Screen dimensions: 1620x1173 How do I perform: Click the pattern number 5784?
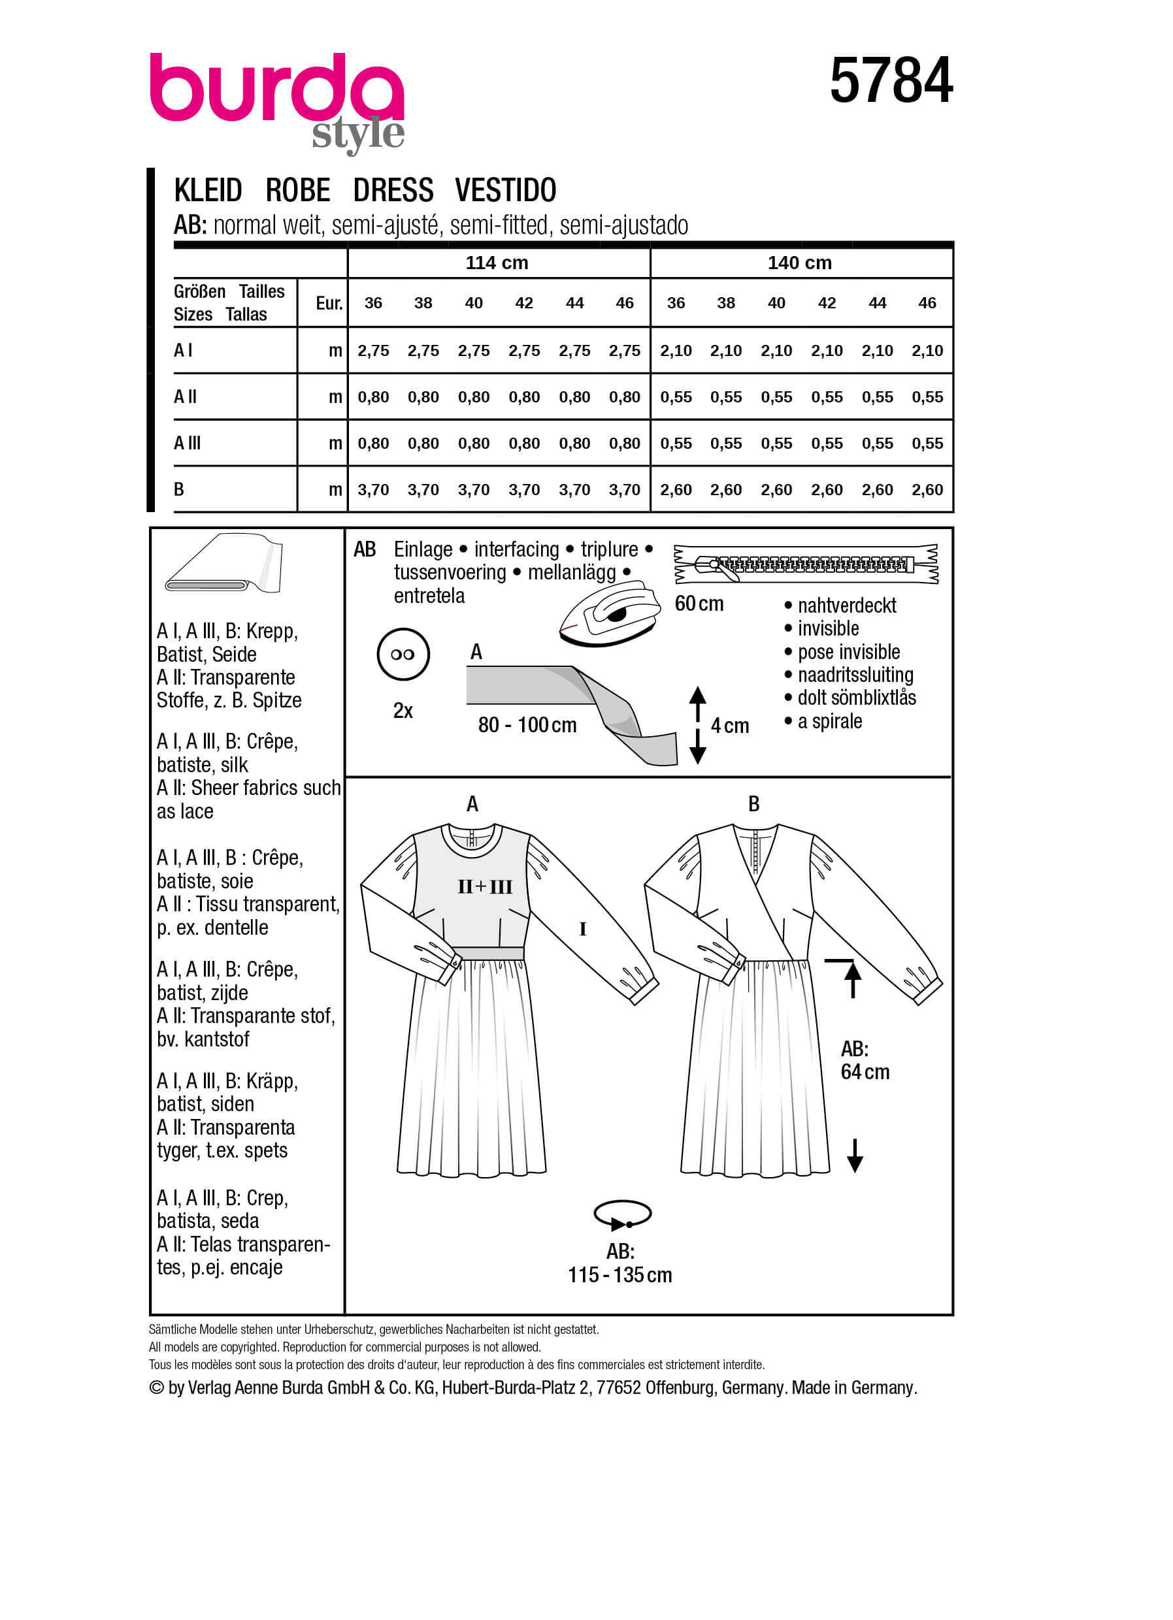[x=890, y=81]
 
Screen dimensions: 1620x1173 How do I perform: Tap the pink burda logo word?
[x=276, y=89]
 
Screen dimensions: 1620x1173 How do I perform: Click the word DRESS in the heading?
[x=393, y=191]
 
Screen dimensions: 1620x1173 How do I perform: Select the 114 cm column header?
[x=497, y=263]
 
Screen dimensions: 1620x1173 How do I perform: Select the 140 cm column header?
[x=799, y=263]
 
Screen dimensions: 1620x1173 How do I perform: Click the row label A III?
[x=187, y=443]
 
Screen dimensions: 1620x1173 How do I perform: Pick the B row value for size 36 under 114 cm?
[x=373, y=490]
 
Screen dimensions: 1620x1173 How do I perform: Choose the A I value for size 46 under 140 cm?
[x=927, y=351]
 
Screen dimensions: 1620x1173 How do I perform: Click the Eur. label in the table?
[x=329, y=304]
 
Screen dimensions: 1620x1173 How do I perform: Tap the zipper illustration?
[x=806, y=564]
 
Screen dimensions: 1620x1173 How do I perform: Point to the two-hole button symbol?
[x=403, y=654]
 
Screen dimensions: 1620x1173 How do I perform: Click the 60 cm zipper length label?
[x=699, y=604]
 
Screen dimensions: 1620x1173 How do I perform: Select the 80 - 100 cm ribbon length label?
[x=527, y=726]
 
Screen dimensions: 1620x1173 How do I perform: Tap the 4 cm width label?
[x=729, y=726]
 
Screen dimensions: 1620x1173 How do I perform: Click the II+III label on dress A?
[x=485, y=887]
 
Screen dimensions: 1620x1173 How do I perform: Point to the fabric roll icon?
[x=223, y=564]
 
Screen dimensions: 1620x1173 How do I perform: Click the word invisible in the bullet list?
[x=828, y=628]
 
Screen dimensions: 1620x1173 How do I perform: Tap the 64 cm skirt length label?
[x=865, y=1072]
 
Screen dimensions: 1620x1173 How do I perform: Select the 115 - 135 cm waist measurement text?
[x=620, y=1275]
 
